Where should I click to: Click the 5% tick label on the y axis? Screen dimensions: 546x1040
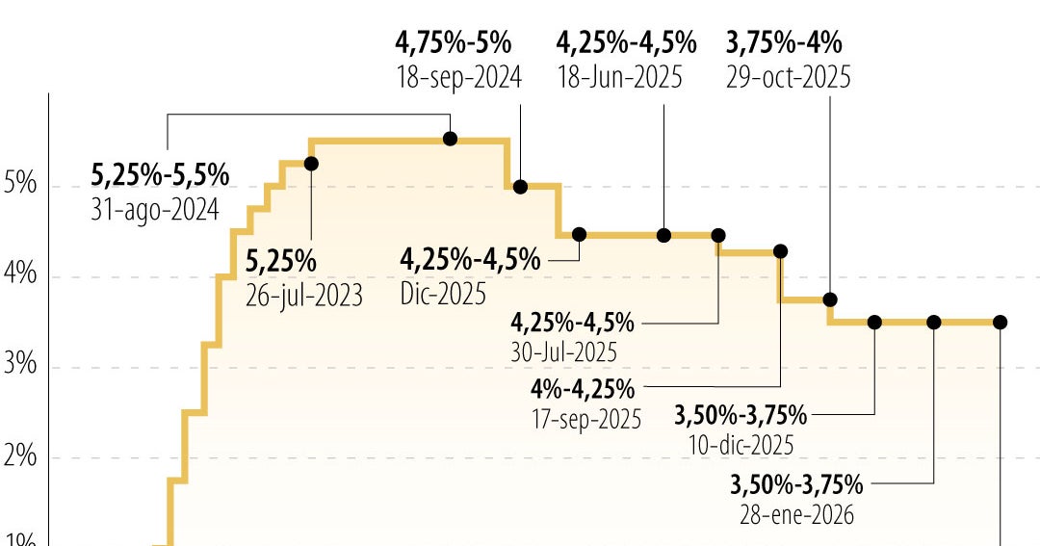(20, 183)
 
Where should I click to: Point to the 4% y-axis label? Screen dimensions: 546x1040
(20, 274)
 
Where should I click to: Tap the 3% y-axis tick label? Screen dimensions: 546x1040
(20, 365)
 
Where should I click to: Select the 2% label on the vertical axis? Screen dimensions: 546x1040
(20, 455)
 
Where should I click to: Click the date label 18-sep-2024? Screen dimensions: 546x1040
(459, 77)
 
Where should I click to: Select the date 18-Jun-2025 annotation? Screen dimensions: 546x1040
(619, 77)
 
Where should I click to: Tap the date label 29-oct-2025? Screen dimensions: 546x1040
(789, 77)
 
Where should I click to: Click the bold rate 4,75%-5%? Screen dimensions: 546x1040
(454, 43)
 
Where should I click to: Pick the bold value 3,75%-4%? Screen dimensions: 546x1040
(784, 43)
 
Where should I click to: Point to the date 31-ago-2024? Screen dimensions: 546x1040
(155, 209)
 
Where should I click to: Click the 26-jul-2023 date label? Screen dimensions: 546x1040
(304, 296)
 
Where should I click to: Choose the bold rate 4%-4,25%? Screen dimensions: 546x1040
(583, 390)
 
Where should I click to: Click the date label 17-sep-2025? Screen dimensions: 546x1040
(585, 420)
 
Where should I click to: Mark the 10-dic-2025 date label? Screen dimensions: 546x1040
(741, 445)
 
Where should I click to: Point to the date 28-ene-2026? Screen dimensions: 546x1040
(796, 514)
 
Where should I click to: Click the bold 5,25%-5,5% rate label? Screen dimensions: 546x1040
(160, 175)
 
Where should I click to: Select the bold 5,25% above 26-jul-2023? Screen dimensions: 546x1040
(281, 261)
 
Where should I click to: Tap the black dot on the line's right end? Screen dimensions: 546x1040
(1000, 322)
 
